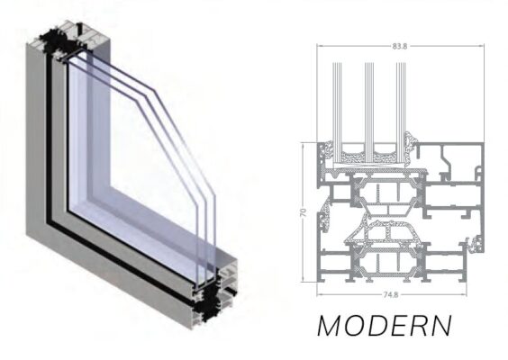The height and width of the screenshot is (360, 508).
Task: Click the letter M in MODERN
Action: coord(331,325)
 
